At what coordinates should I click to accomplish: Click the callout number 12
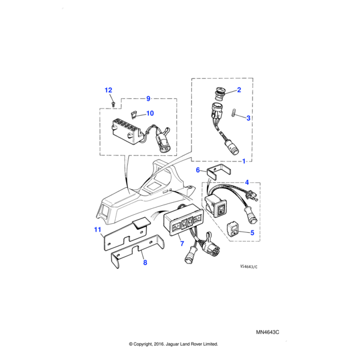point(109,90)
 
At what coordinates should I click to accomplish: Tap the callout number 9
point(148,98)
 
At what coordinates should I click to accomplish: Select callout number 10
point(150,113)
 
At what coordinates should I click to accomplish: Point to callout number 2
point(238,90)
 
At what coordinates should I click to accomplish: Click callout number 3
point(248,118)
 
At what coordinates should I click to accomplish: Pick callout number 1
point(244,162)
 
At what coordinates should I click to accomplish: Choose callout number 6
point(198,170)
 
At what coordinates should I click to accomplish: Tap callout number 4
point(247,182)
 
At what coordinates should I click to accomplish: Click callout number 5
point(253,232)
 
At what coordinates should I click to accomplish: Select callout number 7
point(182,244)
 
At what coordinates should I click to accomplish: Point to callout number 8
point(145,262)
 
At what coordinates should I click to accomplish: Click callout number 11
point(97,230)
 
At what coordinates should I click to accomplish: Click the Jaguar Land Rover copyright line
point(173,344)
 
